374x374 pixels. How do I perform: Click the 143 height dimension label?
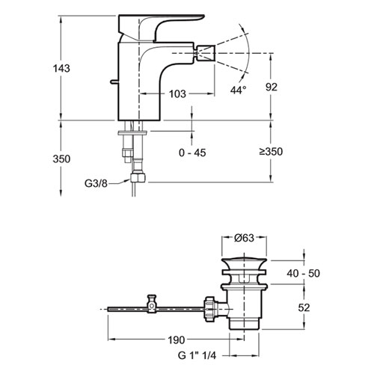click(x=61, y=68)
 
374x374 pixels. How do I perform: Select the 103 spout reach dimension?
click(x=177, y=94)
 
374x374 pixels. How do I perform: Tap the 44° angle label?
click(x=238, y=90)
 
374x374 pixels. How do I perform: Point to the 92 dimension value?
click(x=272, y=87)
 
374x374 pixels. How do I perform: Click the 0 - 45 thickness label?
click(x=192, y=153)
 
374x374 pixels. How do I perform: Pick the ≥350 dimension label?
click(x=271, y=151)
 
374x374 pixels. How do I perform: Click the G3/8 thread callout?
click(x=96, y=183)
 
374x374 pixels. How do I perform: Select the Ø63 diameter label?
click(x=244, y=238)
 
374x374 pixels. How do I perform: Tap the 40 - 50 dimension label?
click(x=303, y=273)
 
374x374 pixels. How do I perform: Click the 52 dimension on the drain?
click(x=304, y=307)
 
